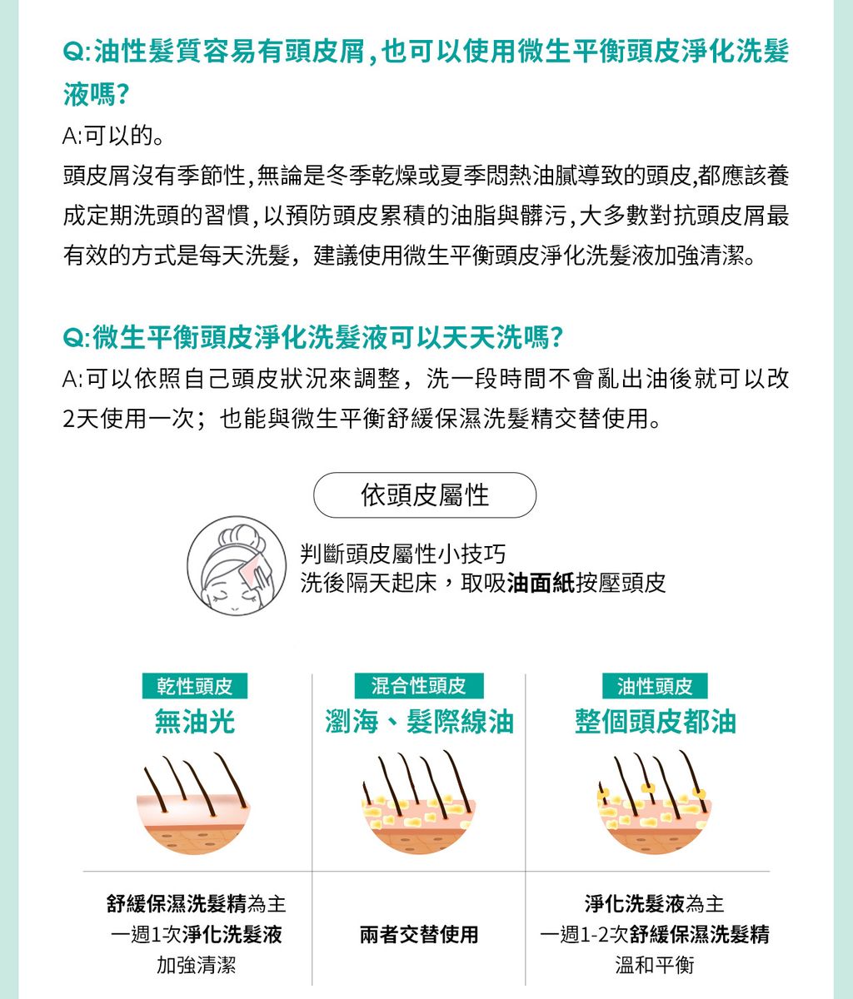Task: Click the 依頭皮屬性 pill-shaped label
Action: pos(425,495)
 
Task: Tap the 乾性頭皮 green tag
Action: pos(194,686)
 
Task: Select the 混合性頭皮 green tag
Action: pos(419,686)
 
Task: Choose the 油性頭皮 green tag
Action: pos(655,686)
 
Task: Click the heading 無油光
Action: pos(194,722)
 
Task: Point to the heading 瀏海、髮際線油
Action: pos(419,722)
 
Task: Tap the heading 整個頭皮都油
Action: pos(656,722)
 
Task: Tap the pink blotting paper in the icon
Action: pos(254,565)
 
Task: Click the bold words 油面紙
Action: pos(541,583)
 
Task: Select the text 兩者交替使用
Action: pos(419,935)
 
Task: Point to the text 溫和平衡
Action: pos(655,965)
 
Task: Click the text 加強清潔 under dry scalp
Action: pos(196,965)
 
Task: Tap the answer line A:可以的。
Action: pos(113,136)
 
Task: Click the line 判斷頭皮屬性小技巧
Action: pos(403,554)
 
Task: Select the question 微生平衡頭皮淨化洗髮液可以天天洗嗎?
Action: pos(313,337)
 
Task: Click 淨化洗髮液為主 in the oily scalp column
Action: pos(655,904)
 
